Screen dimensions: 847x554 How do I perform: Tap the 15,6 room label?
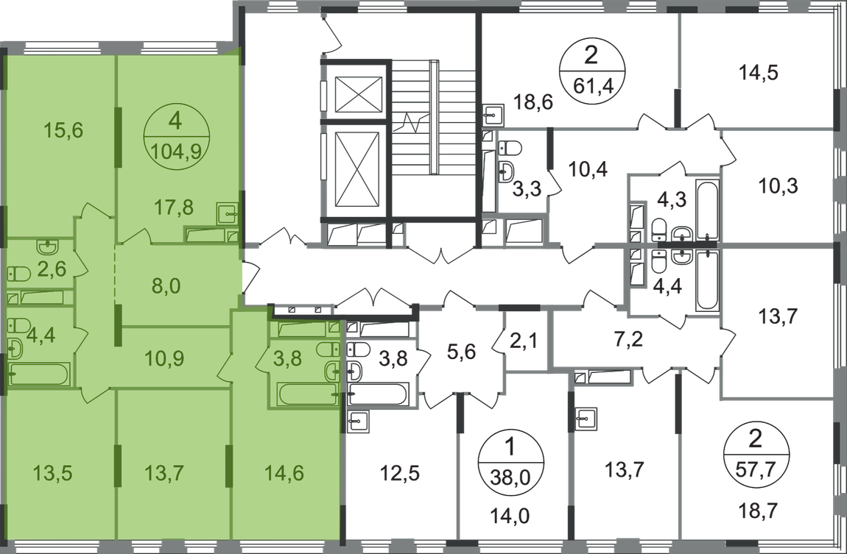coord(64,130)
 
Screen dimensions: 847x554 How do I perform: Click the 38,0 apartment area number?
coord(511,476)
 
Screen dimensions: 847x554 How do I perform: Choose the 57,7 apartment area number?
coord(756,469)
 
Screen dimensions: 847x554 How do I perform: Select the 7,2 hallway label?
coord(629,341)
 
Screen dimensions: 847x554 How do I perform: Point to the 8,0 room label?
coord(166,286)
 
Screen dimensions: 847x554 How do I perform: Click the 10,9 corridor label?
coord(165,358)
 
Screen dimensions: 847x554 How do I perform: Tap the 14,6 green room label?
coord(284,473)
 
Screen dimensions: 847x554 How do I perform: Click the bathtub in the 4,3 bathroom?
coord(707,211)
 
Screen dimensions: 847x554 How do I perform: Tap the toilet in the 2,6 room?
coord(19,274)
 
